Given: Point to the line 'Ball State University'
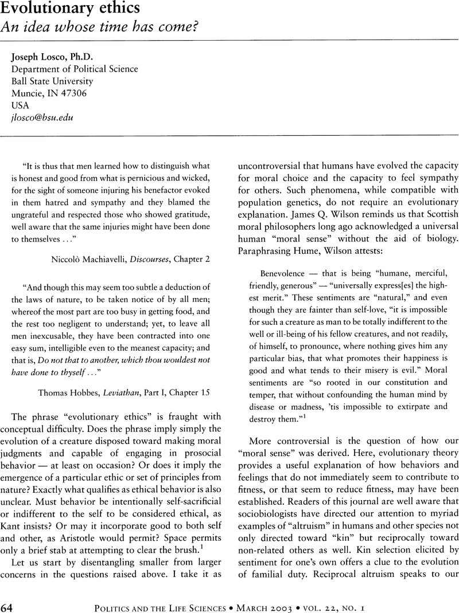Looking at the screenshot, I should pyautogui.click(x=52, y=81).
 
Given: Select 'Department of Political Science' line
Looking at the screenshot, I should pyautogui.click(x=75, y=69).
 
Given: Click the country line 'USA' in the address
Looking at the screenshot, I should pyautogui.click(x=21, y=105).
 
